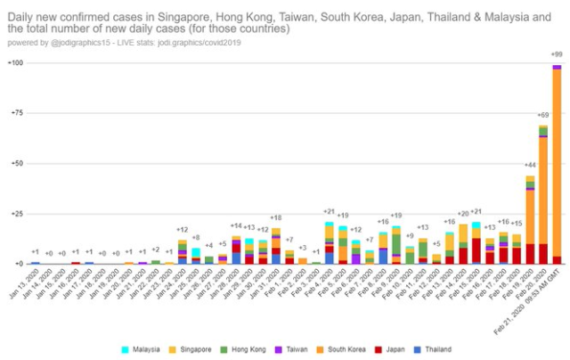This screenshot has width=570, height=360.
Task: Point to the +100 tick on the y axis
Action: coord(15,63)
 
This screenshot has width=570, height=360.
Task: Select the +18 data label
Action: coord(276,218)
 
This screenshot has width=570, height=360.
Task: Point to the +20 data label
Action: coord(463,214)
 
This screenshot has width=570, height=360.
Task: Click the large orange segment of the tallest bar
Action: coord(557,160)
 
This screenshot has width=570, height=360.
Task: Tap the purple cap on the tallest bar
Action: coord(557,67)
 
